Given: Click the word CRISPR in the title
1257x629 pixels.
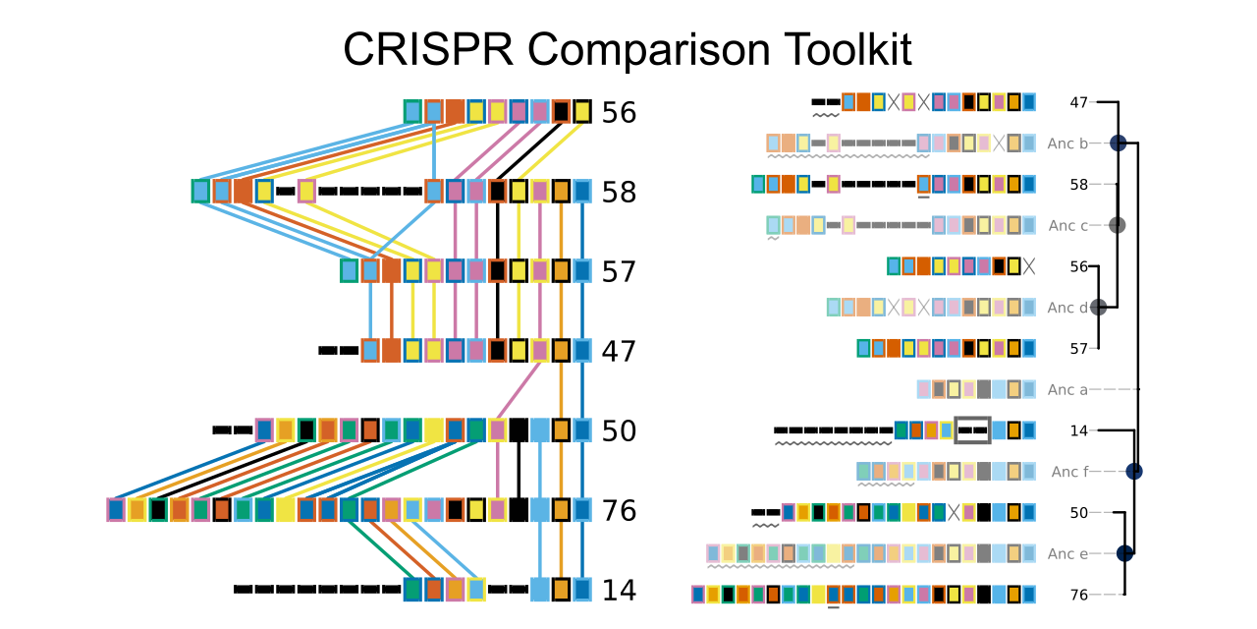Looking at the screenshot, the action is tap(428, 49).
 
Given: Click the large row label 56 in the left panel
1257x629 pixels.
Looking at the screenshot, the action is tap(619, 112).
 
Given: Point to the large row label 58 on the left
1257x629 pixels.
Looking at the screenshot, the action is tap(619, 192).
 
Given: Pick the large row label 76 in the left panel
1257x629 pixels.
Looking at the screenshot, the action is tap(619, 510).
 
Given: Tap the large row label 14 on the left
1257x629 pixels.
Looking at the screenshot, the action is tap(619, 591).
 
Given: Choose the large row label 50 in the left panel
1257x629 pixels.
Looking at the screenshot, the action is tap(619, 430).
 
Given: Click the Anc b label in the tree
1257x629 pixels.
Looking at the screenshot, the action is tap(1067, 143).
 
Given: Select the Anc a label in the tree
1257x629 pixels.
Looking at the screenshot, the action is tap(1067, 390).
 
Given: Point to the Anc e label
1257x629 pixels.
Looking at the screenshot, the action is tap(1067, 553).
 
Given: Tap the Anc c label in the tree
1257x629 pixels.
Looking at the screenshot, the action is tap(1067, 226).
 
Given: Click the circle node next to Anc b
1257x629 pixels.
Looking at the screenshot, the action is tap(1118, 143).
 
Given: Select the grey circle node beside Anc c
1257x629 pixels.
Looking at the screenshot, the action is tap(1118, 225).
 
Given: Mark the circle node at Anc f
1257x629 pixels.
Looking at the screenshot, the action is tap(1134, 471).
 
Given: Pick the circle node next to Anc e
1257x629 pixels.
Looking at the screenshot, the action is tap(1124, 553).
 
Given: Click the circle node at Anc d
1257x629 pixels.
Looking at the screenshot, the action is tap(1098, 308).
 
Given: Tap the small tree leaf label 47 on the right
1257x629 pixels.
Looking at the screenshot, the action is tap(1078, 103).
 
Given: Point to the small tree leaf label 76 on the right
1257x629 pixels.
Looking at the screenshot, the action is tap(1078, 595).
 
